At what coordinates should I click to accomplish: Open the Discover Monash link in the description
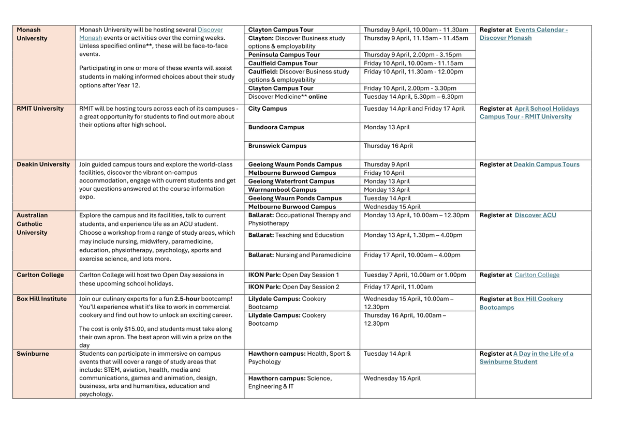pos(211,30)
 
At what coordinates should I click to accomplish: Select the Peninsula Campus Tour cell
pos(284,55)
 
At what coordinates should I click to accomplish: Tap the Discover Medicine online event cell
pos(288,97)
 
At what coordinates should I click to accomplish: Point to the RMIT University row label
pos(40,109)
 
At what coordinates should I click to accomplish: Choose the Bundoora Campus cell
pos(276,127)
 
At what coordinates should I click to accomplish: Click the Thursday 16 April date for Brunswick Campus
pos(389,146)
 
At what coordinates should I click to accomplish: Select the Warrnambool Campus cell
pos(283,190)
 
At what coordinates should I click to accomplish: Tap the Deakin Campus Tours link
pos(546,164)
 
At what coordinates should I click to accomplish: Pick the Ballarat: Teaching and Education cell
pos(296,235)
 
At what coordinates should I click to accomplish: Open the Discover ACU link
pos(536,215)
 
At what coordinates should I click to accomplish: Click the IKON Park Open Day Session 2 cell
pos(294,287)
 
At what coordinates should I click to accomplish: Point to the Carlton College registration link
pos(537,275)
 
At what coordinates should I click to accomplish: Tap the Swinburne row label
pos(32,354)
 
